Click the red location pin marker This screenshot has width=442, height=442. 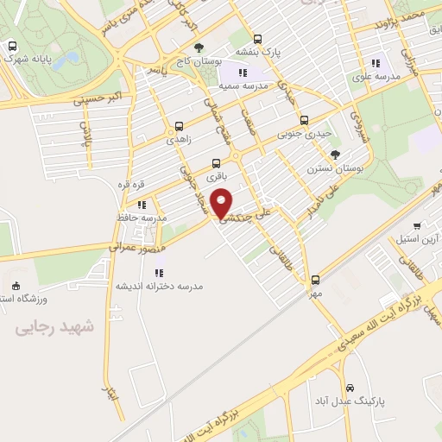coord(223,202)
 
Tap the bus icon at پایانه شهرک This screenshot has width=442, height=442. coord(12,47)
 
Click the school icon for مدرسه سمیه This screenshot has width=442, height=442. coord(243,73)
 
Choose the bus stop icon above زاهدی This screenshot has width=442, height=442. coord(179,125)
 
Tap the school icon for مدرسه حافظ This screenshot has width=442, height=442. coord(142,205)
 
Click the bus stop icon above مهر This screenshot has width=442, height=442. coord(315,279)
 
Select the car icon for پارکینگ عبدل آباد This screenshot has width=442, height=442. coord(350,388)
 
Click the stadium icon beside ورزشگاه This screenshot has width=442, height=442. coord(16,286)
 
